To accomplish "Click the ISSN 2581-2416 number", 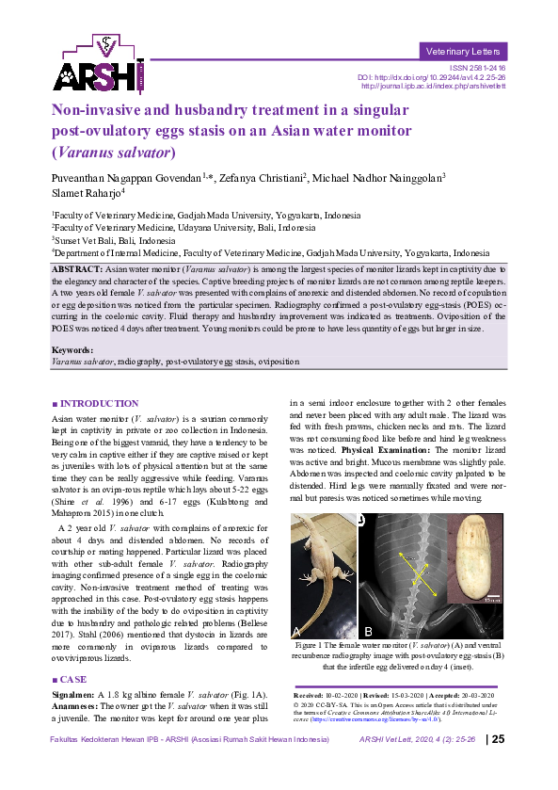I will [478, 68].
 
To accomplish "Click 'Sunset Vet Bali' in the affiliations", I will [85, 240].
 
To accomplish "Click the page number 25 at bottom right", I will [499, 765].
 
